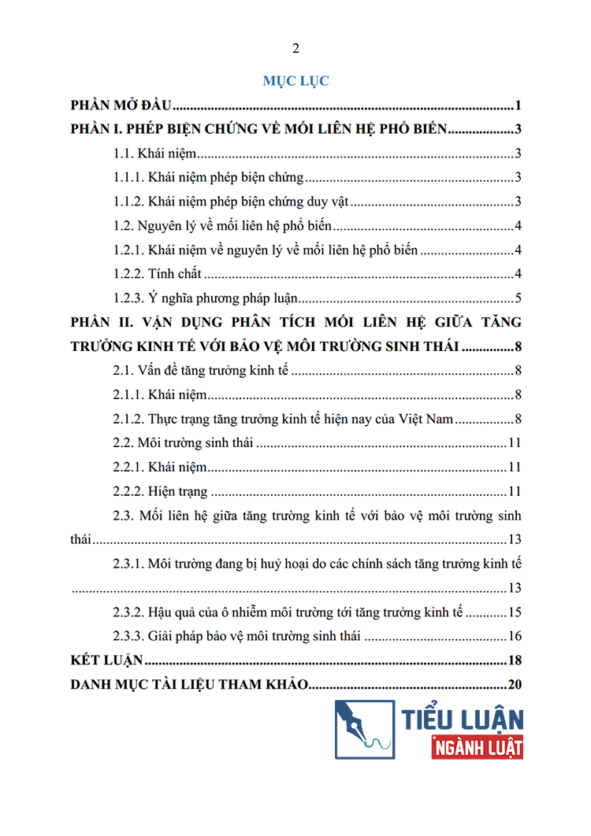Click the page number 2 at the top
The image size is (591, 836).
click(296, 49)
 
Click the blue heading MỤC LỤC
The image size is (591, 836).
click(295, 80)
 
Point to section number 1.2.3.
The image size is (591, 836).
click(129, 298)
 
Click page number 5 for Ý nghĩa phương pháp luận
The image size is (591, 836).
click(518, 298)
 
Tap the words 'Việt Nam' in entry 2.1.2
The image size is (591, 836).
click(428, 419)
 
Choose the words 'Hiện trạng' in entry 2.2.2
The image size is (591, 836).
click(177, 492)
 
